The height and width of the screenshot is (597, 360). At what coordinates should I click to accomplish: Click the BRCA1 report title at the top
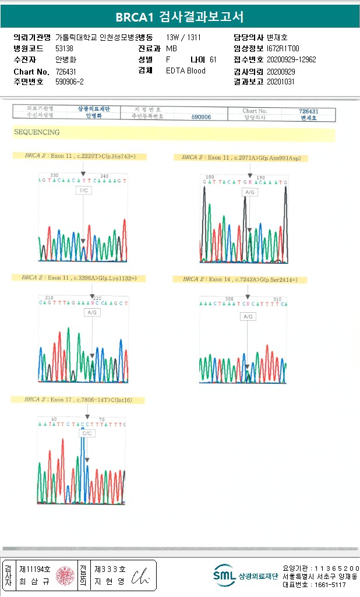(x=179, y=17)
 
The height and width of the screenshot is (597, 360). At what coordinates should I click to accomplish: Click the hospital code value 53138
(x=64, y=48)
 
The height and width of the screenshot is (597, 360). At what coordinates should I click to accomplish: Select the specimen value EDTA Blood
(x=186, y=70)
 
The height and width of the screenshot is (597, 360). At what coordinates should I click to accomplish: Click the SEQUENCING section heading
(x=36, y=133)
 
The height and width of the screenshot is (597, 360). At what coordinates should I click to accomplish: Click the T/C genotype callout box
(x=83, y=190)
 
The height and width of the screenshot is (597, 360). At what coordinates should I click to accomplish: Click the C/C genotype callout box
(x=87, y=433)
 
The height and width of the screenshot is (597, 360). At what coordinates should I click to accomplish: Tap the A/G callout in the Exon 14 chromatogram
(x=248, y=316)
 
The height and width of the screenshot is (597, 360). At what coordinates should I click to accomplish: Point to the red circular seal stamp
(x=65, y=575)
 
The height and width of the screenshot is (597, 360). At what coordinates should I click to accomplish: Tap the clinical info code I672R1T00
(x=283, y=48)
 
